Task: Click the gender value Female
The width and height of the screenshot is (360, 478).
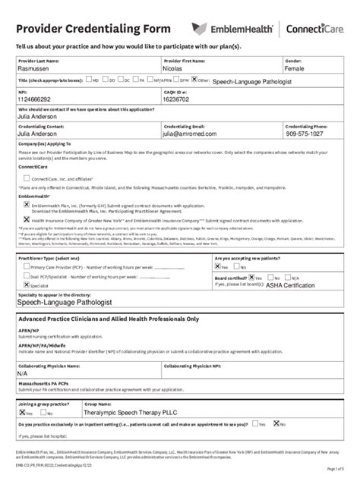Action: click(299, 68)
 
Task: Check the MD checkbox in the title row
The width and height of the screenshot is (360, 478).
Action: click(88, 79)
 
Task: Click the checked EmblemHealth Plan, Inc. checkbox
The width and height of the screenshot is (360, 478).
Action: click(27, 204)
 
